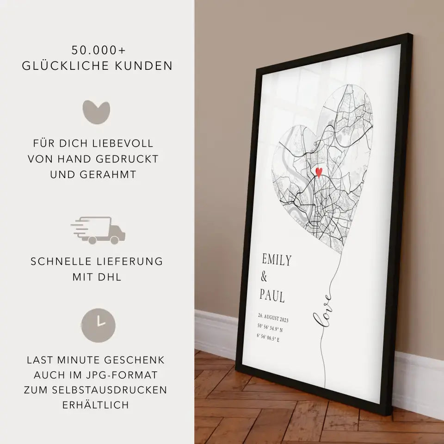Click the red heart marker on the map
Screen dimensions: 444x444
point(318,172)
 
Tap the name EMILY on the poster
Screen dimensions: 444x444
point(277,260)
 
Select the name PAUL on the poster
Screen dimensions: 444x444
point(272,296)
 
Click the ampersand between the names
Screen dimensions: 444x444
point(264,277)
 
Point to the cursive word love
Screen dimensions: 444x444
point(323,314)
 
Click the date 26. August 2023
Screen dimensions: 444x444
point(273,318)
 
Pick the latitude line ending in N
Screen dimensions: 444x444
point(271,329)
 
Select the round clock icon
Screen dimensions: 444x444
point(99,322)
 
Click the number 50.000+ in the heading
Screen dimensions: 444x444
point(97,49)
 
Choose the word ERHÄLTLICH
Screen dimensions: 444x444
point(97,405)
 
